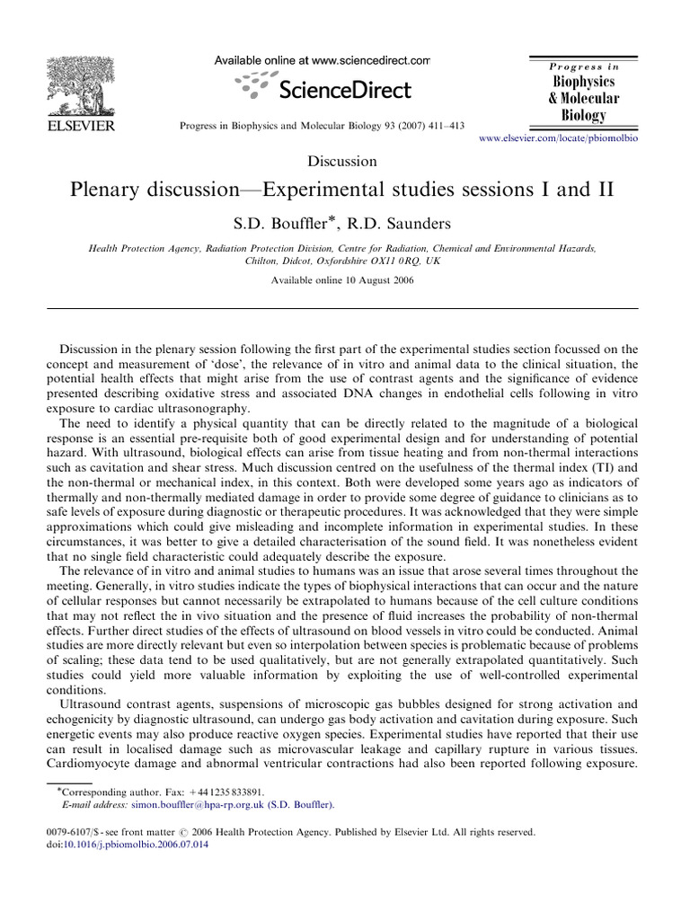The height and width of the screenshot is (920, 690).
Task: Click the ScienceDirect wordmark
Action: (x=345, y=89)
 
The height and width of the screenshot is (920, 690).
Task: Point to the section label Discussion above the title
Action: (x=341, y=162)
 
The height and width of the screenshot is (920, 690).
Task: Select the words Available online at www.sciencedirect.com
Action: (x=322, y=60)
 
